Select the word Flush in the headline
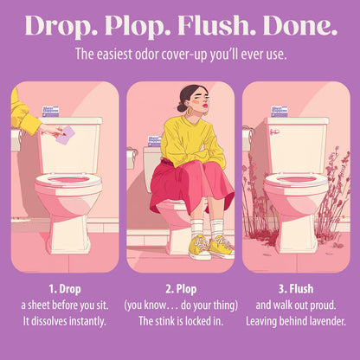(216, 25)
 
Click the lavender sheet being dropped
(66, 135)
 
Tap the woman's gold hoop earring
(190, 111)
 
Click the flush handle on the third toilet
(274, 132)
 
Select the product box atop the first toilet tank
(50, 112)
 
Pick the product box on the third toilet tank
(280, 112)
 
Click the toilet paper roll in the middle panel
(132, 157)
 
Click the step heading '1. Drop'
(65, 289)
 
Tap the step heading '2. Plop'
(181, 289)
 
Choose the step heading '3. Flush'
(296, 289)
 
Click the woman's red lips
(205, 106)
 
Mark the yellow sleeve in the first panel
(23, 115)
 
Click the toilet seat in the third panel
(296, 180)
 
